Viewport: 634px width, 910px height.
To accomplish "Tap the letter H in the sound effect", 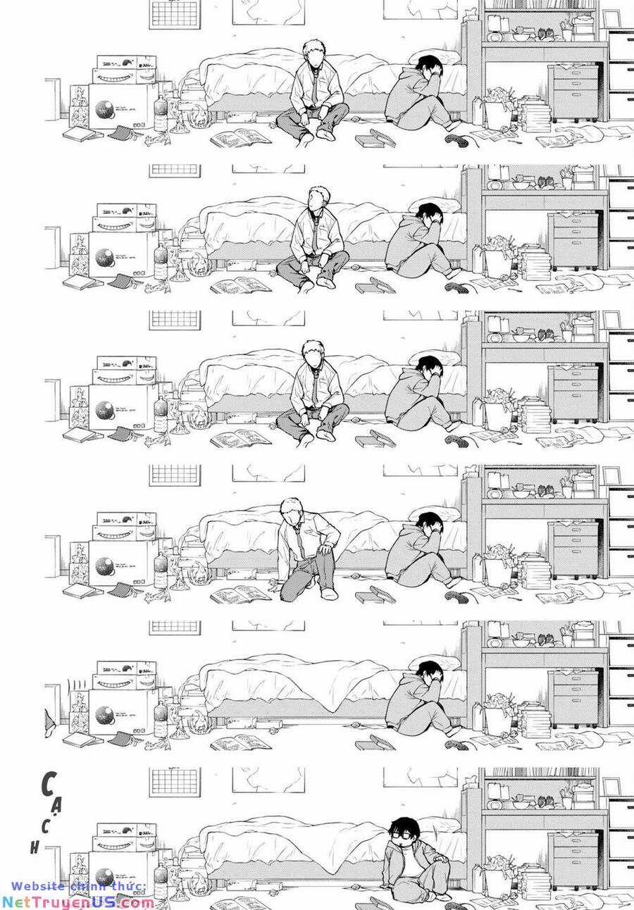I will [x=34, y=848].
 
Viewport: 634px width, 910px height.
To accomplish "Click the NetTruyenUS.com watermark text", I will [x=77, y=902].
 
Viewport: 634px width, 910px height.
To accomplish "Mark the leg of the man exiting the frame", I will [x=49, y=722].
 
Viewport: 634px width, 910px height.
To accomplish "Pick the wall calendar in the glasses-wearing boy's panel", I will [x=175, y=782].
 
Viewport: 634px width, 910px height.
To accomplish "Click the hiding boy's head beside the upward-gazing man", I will [x=428, y=213].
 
